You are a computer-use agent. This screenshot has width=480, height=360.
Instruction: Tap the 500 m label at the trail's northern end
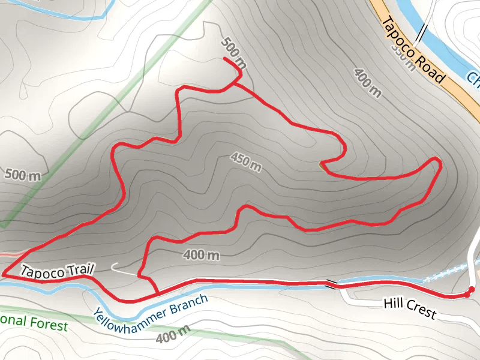point(234,52)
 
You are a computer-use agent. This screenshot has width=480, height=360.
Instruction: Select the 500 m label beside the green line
point(22,175)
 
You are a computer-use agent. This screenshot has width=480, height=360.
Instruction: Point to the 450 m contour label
point(247,161)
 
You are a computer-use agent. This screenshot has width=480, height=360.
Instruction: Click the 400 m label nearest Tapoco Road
point(368,83)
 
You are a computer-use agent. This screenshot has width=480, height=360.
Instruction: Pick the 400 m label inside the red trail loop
point(201,255)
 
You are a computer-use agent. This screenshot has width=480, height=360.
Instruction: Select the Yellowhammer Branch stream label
point(151,306)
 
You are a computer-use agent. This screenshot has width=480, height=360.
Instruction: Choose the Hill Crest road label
point(409,308)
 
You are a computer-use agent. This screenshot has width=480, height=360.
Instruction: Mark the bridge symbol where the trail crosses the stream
point(331,283)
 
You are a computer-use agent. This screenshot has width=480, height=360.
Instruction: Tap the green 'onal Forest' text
point(34,323)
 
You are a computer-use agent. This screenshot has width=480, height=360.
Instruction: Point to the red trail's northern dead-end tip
point(224,58)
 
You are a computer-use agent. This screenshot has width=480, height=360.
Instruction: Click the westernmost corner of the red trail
point(3,275)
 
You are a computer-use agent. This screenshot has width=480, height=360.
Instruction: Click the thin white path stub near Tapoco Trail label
point(123,268)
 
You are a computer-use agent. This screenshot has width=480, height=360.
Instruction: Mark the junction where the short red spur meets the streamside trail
point(158,293)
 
